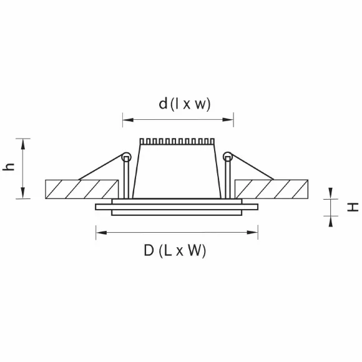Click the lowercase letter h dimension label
(9, 167)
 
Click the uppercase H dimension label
(353, 207)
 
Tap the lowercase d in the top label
(163, 104)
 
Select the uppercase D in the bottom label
(149, 250)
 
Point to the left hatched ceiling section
(82, 189)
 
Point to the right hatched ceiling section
(271, 189)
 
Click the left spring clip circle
(127, 157)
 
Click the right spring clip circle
(228, 157)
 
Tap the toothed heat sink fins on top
(177, 142)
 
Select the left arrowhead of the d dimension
(128, 120)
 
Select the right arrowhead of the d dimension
(228, 120)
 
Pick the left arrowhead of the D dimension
(101, 232)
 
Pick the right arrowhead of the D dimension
(252, 232)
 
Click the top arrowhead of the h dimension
(23, 144)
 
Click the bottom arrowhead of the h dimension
(23, 193)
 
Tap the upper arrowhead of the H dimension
(331, 193)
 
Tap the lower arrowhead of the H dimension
(331, 222)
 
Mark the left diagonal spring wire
(100, 167)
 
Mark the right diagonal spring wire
(252, 167)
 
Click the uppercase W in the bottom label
(196, 250)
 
